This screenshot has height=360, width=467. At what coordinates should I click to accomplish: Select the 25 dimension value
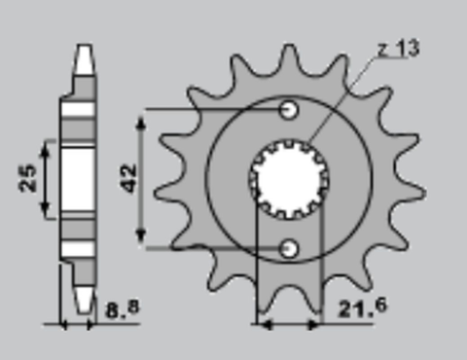coord(29,177)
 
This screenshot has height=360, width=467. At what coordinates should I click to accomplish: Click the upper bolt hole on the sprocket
coord(288,109)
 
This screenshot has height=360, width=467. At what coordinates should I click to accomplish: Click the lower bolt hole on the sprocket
coord(288,249)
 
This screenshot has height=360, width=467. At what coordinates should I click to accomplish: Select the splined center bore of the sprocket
coord(289,178)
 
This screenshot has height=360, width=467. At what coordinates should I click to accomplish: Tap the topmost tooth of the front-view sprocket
coord(289,54)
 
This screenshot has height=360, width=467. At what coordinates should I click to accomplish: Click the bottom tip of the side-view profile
coord(86,306)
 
